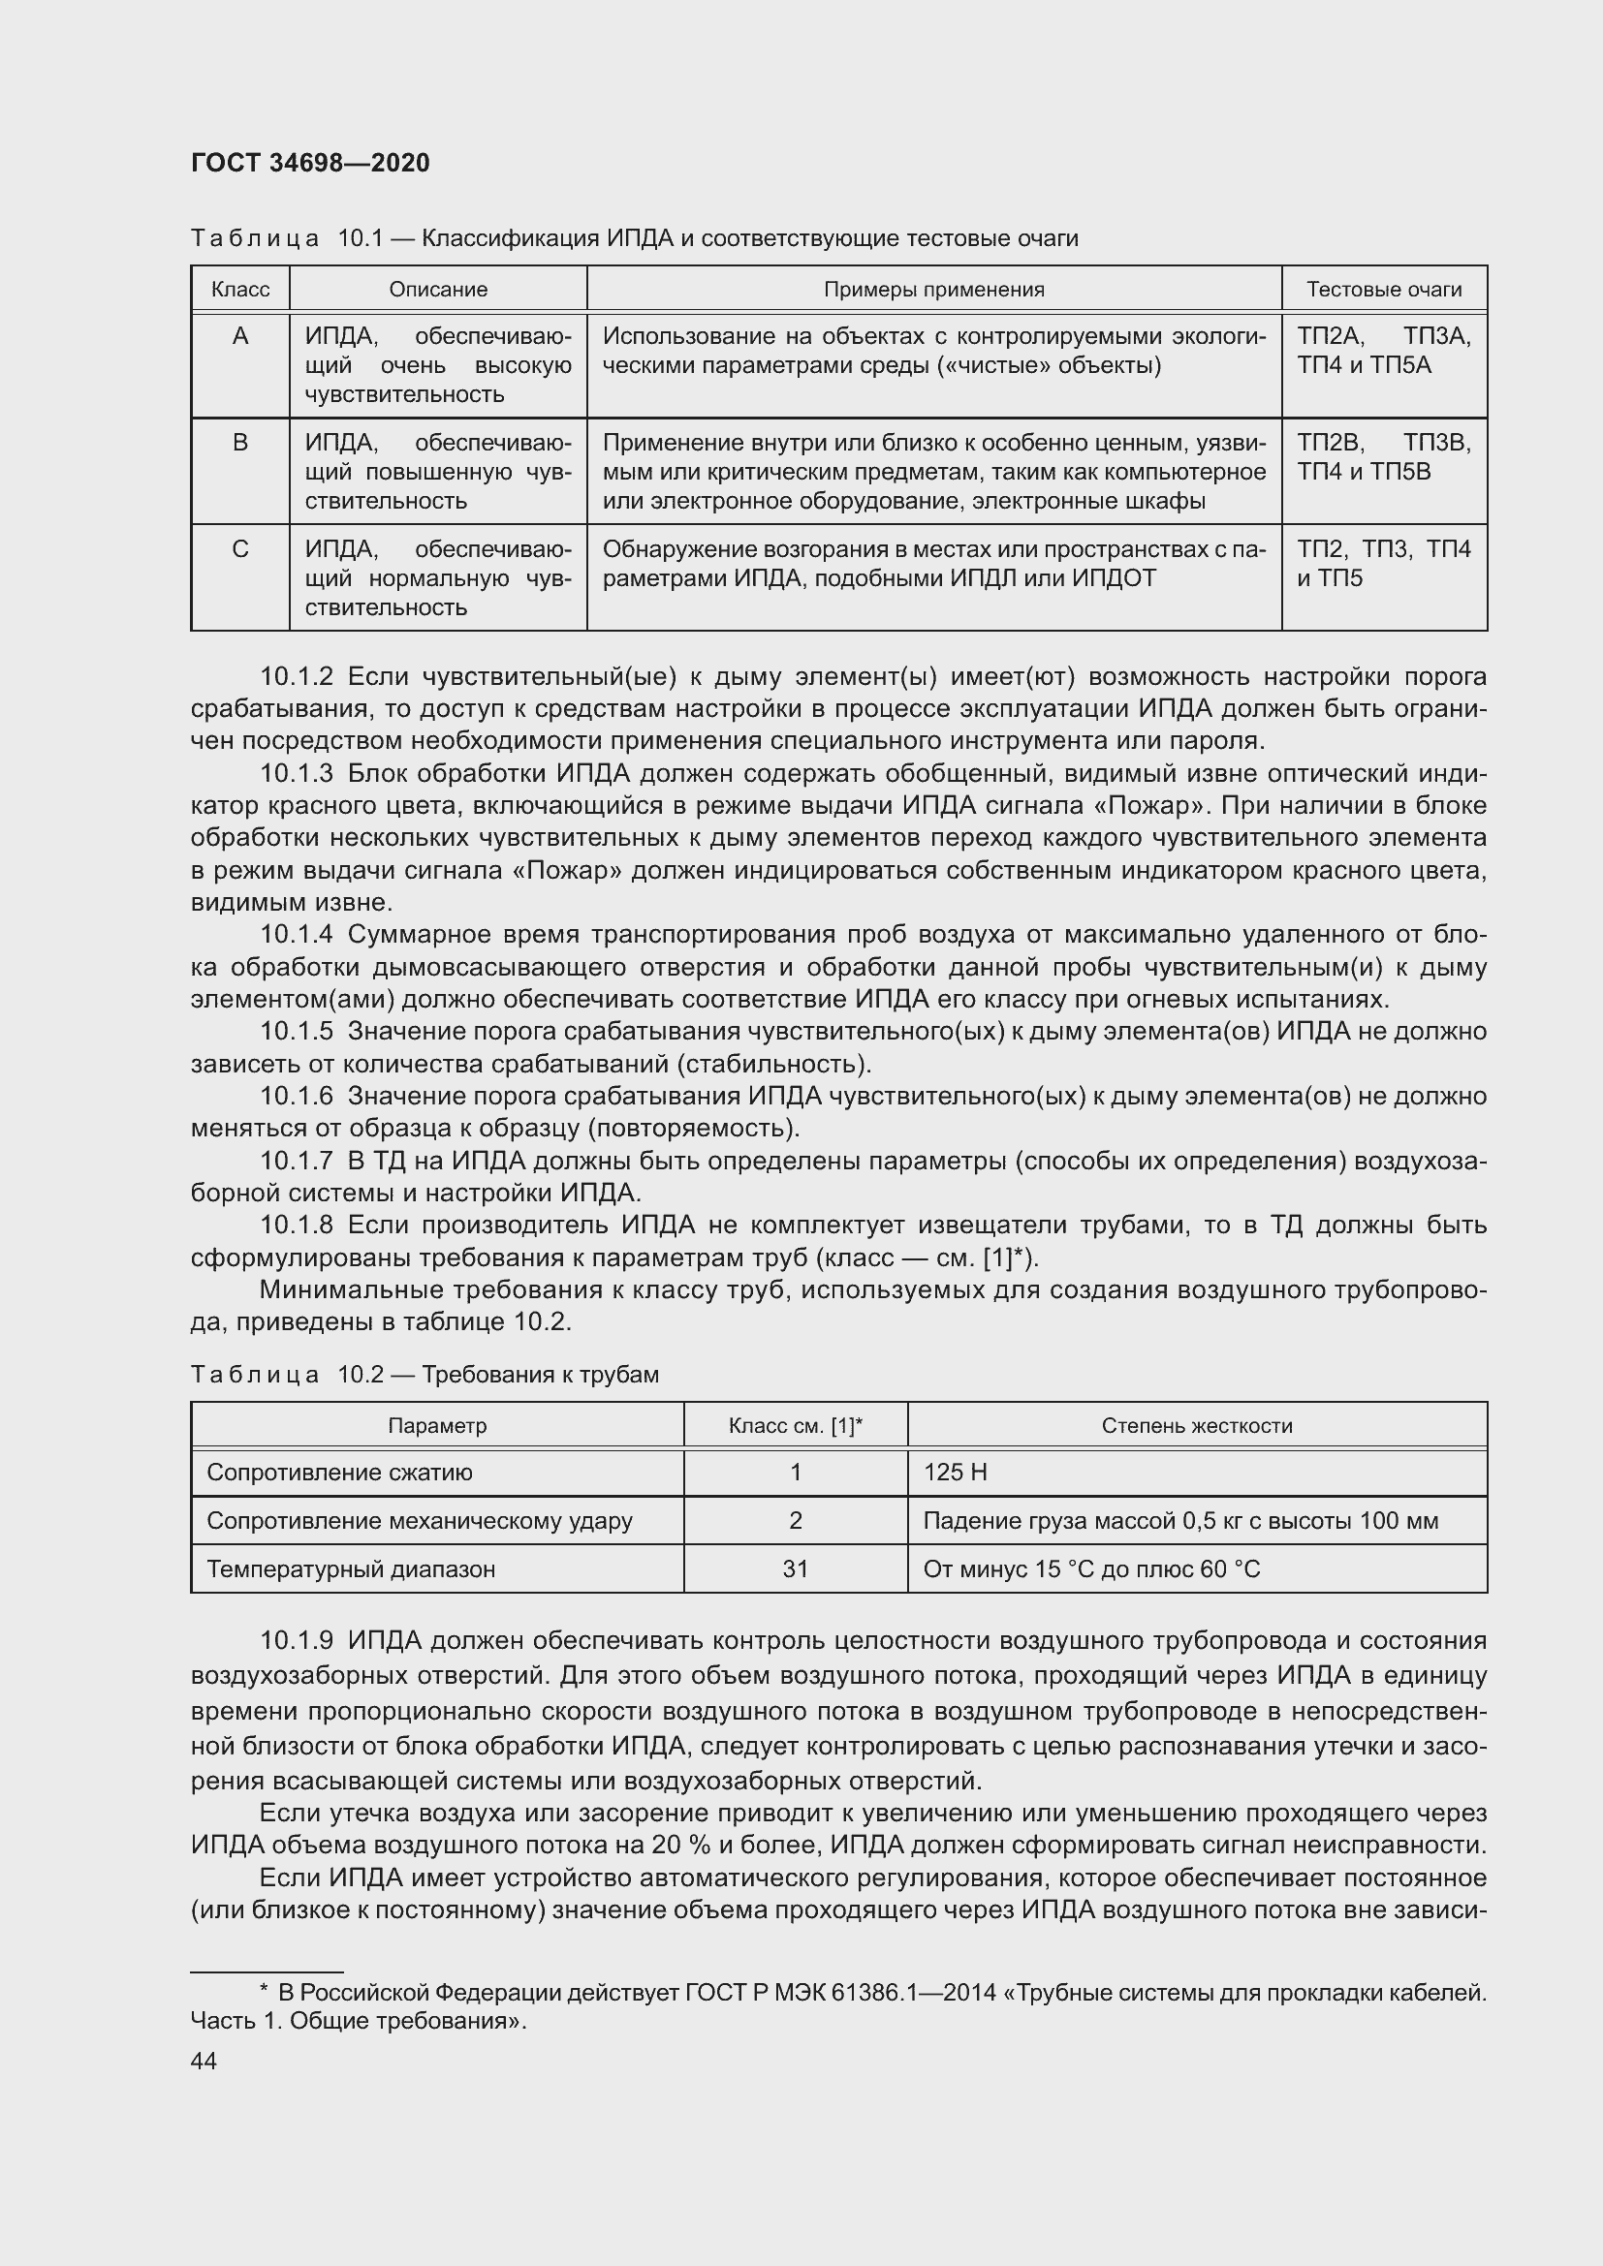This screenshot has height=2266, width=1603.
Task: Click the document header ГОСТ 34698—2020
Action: [310, 163]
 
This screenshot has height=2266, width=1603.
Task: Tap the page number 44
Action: [204, 2061]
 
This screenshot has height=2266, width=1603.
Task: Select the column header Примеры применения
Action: [932, 289]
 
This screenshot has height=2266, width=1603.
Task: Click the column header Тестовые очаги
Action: [1383, 289]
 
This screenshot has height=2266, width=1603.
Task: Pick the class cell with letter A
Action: [239, 337]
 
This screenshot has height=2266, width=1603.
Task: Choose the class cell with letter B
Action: [239, 443]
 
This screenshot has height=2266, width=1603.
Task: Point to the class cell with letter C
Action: [239, 549]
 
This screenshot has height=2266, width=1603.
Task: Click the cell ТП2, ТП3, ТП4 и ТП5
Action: [1383, 564]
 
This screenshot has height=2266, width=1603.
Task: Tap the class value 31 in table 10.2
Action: [795, 1568]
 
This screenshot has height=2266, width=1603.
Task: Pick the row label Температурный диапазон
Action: [351, 1568]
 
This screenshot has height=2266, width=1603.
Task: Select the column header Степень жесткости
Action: [1196, 1425]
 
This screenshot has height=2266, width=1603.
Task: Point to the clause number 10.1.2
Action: [298, 677]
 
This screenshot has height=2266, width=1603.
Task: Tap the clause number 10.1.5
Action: [298, 1032]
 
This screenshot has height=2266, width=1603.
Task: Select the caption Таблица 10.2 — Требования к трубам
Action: [424, 1375]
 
